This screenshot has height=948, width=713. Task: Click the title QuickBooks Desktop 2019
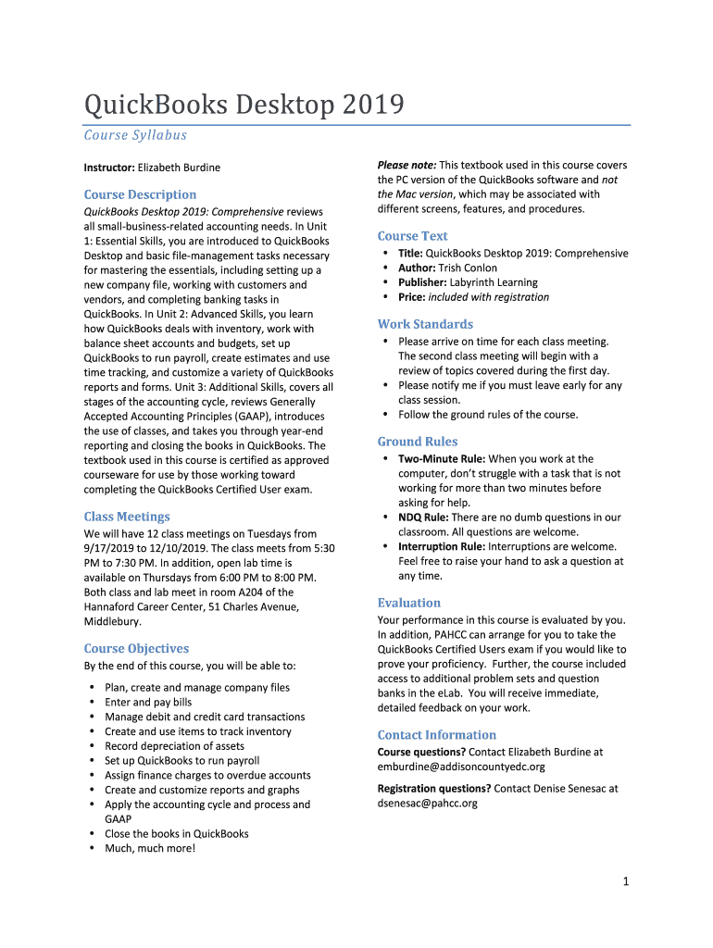click(244, 105)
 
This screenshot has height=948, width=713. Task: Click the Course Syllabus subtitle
click(135, 135)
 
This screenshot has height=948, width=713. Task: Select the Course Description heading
click(140, 194)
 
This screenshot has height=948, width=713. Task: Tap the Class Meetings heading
click(127, 517)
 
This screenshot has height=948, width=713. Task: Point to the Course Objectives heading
click(136, 648)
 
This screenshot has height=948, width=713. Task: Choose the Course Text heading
click(412, 236)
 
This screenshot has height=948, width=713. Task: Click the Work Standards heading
click(425, 324)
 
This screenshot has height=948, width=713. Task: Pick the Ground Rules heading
click(417, 442)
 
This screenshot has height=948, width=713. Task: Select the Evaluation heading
click(408, 603)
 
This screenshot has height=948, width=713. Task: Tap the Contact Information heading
click(436, 735)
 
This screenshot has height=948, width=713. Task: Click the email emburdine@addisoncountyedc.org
click(461, 767)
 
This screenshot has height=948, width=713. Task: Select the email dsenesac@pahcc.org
click(427, 804)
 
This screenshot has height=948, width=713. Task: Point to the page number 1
click(626, 882)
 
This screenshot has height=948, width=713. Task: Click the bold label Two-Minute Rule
click(441, 459)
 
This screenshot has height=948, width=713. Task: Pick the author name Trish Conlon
click(468, 268)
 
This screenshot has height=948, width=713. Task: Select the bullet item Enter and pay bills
click(148, 703)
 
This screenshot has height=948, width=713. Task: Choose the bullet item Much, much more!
click(150, 848)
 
